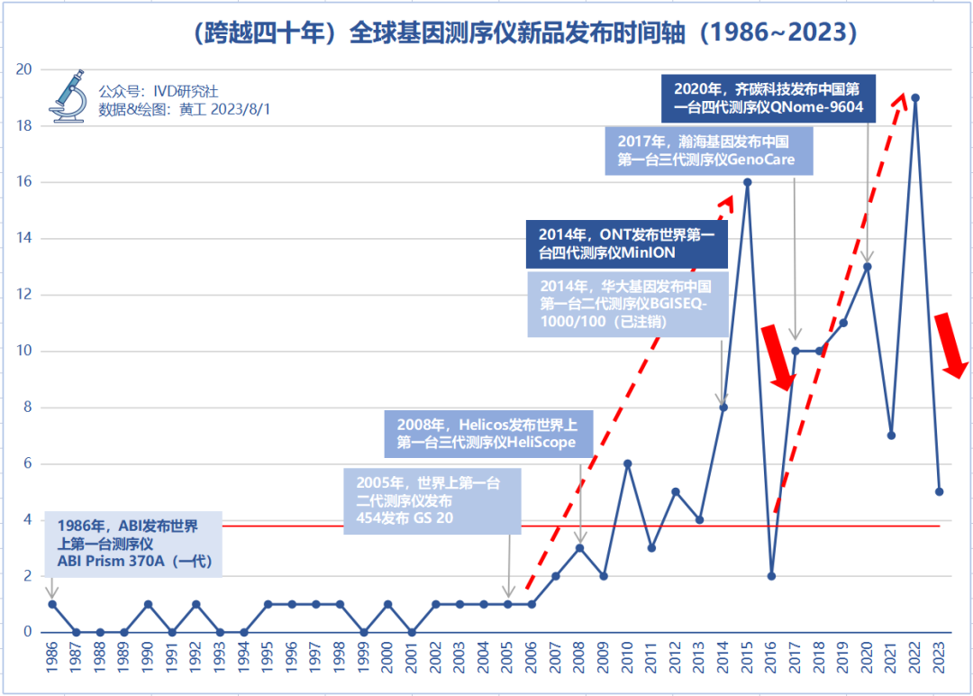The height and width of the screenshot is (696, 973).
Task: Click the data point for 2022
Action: pyautogui.click(x=915, y=97)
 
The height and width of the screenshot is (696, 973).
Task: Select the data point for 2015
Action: pyautogui.click(x=747, y=182)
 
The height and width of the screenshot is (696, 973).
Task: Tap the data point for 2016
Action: pyautogui.click(x=771, y=575)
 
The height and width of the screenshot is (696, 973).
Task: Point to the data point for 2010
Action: pyautogui.click(x=627, y=463)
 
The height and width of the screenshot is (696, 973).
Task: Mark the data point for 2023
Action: pyautogui.click(x=939, y=491)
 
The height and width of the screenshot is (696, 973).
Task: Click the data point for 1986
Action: pyautogui.click(x=52, y=604)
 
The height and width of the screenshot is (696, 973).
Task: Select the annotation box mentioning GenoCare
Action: pyautogui.click(x=708, y=151)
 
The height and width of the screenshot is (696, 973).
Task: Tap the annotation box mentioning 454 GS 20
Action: pyautogui.click(x=432, y=501)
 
